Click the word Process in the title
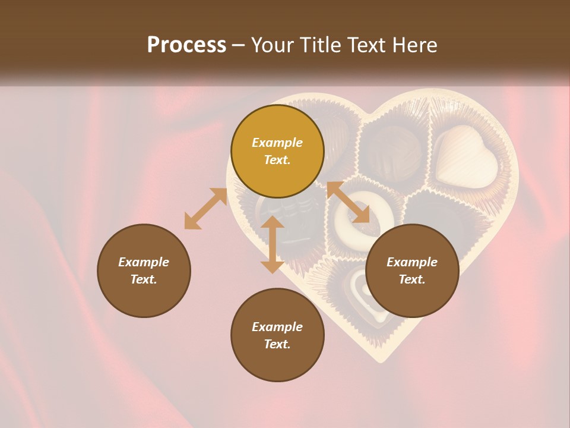tap(186, 45)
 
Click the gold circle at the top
tap(277, 151)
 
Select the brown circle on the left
tap(144, 270)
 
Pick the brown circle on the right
tap(412, 270)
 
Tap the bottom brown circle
tap(277, 335)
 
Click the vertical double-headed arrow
tap(273, 244)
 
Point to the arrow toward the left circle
tap(205, 209)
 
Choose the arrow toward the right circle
tap(348, 202)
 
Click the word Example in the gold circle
tap(277, 143)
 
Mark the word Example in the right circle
tap(412, 262)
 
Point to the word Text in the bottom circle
tap(277, 344)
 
